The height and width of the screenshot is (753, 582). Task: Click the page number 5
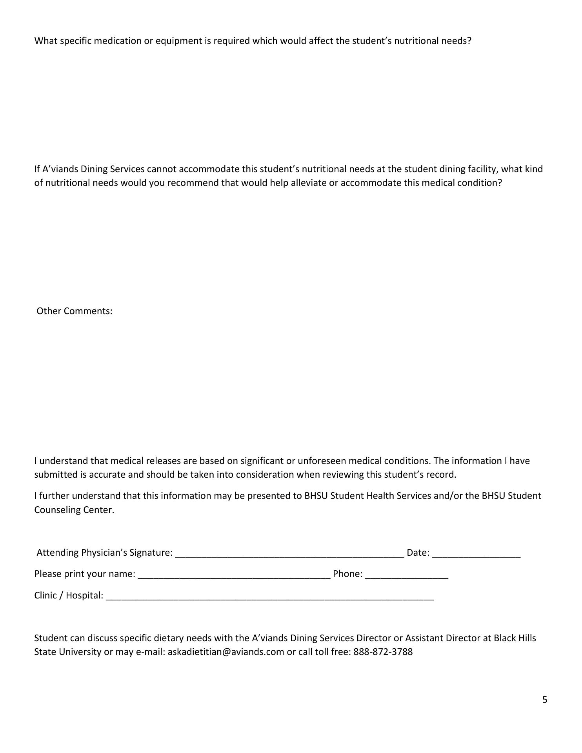545,700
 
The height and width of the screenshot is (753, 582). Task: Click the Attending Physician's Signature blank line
289,554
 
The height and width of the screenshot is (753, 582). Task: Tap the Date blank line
476,554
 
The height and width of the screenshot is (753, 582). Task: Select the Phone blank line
406,575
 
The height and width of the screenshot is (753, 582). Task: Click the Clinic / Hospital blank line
270,597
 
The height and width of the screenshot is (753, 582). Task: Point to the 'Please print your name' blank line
234,575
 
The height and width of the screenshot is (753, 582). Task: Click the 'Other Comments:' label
75,311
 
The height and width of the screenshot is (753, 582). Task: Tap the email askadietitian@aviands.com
226,652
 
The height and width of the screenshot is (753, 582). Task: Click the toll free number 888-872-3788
383,652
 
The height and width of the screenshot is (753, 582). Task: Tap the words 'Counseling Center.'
74,510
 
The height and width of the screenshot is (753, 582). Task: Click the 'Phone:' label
347,574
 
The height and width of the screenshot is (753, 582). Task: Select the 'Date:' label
418,553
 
